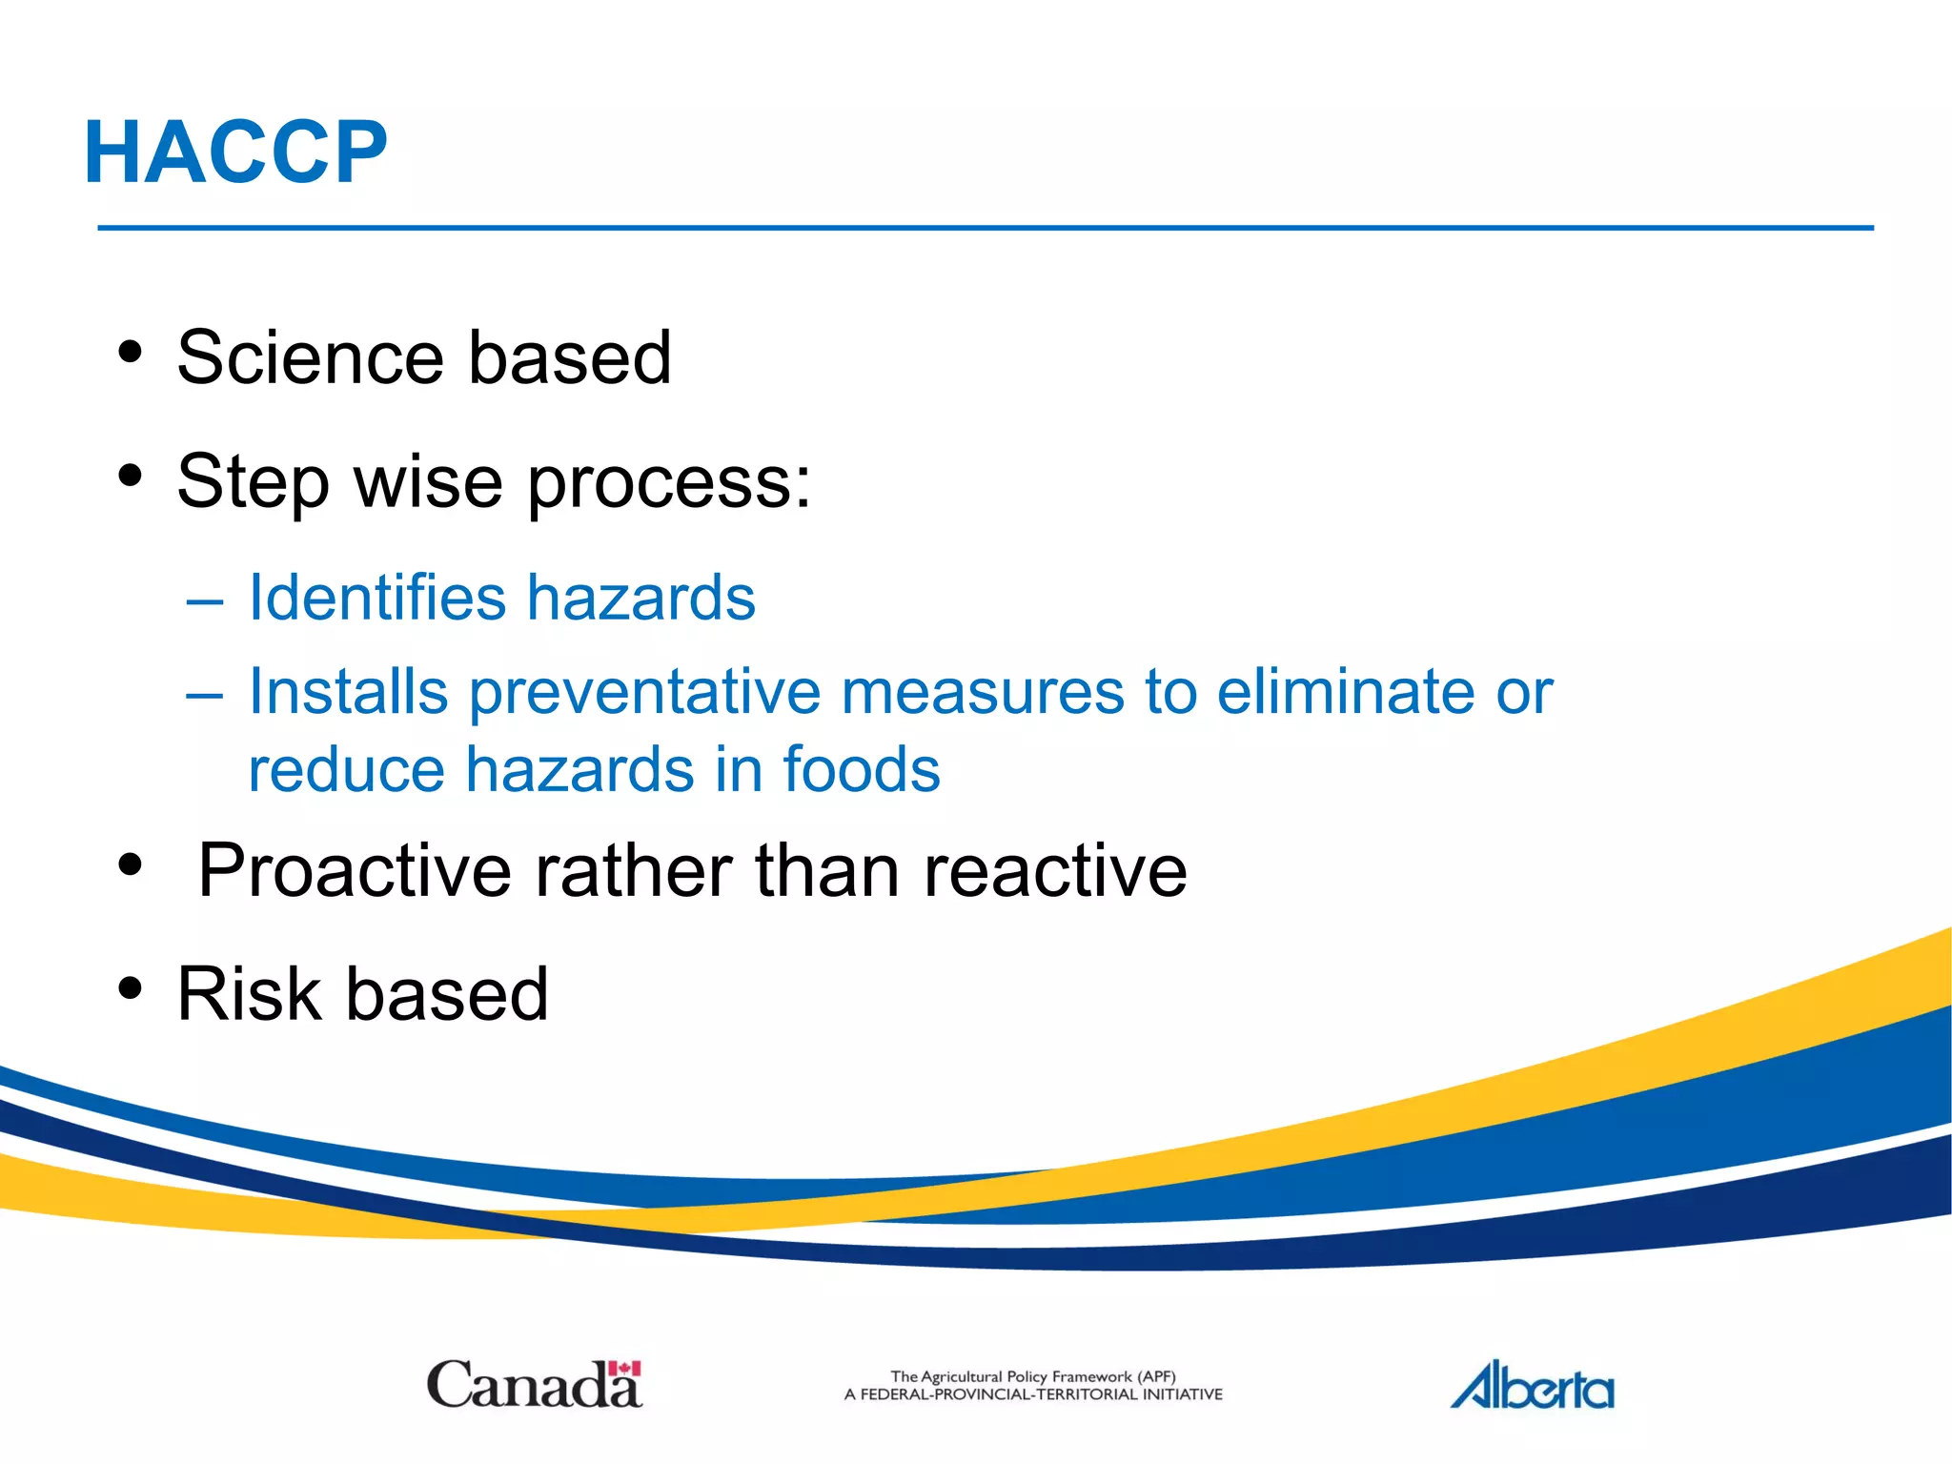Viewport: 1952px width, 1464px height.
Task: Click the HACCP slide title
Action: (x=236, y=152)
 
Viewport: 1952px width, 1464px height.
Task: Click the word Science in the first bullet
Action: (x=309, y=357)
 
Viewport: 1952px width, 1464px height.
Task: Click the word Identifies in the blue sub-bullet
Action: (x=376, y=599)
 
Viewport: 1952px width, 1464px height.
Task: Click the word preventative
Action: (x=644, y=692)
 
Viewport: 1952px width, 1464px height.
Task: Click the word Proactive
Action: (x=355, y=871)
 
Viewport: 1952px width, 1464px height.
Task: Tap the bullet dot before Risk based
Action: (x=131, y=988)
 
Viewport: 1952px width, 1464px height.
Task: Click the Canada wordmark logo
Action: (x=534, y=1385)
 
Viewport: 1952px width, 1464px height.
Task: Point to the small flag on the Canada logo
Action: (x=624, y=1370)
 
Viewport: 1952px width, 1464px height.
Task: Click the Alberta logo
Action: (x=1532, y=1387)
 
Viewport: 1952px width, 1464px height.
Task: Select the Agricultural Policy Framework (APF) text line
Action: (x=1032, y=1376)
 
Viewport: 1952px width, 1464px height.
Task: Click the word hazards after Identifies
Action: (x=640, y=599)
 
